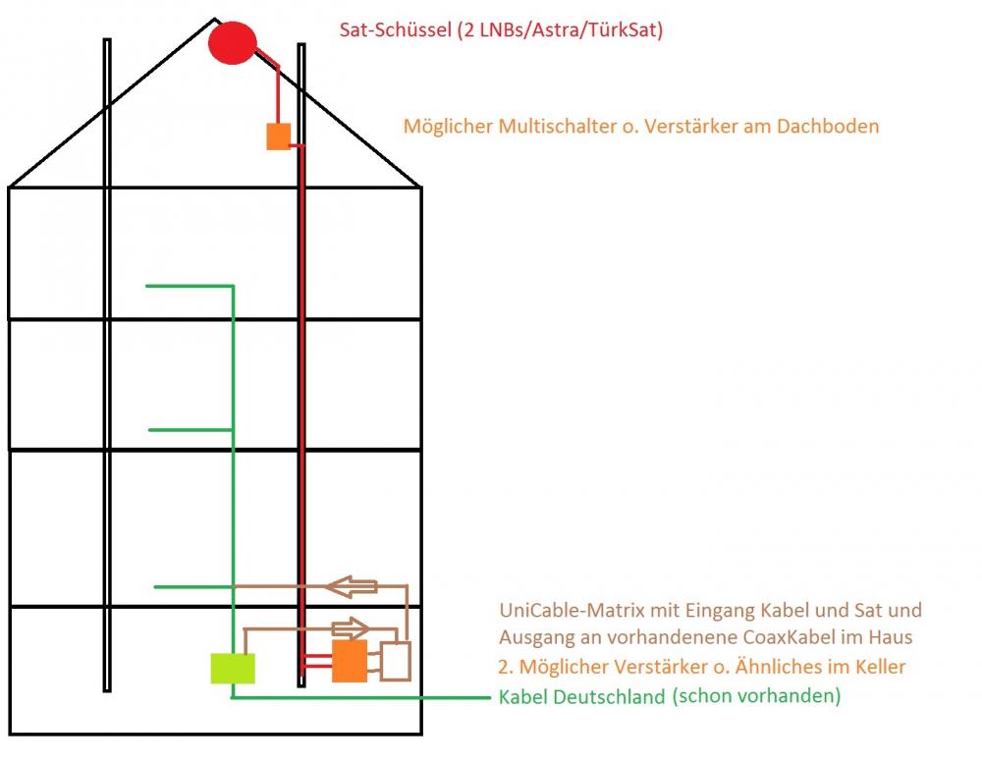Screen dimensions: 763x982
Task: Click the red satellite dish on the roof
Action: [233, 43]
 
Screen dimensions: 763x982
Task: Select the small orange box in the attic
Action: [279, 136]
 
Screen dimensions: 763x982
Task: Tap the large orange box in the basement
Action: [350, 661]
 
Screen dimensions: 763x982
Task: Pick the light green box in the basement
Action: [233, 668]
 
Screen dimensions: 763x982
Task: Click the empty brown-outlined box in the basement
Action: [396, 661]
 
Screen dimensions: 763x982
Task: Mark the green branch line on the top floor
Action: [189, 286]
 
